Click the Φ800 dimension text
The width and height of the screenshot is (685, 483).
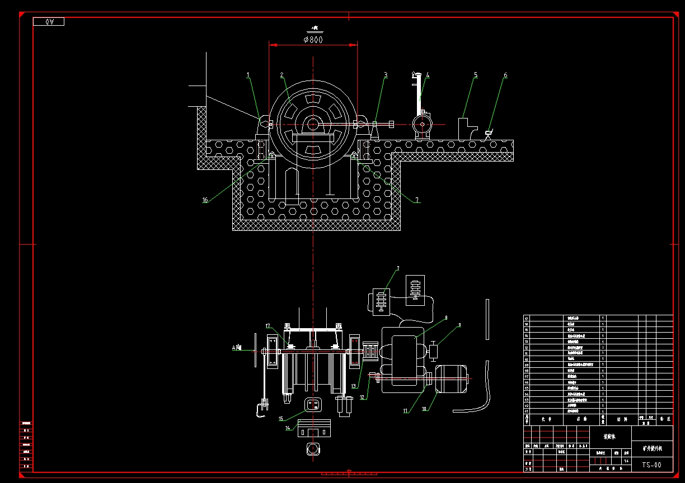(x=313, y=40)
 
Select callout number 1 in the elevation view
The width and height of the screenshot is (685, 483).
(x=248, y=74)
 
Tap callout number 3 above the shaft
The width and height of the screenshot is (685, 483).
(x=386, y=74)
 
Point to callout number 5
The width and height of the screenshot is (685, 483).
(x=476, y=74)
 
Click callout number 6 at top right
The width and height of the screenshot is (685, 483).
(x=505, y=74)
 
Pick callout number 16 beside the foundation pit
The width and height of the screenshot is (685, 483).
(x=205, y=200)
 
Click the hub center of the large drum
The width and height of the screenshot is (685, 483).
(x=313, y=124)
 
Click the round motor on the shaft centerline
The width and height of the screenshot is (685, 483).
(x=421, y=124)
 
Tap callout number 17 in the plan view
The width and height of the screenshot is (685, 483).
(x=268, y=326)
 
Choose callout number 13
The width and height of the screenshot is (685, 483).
(x=354, y=386)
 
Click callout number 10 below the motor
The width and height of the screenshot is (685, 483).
(x=424, y=409)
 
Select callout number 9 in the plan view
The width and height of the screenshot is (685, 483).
(x=459, y=324)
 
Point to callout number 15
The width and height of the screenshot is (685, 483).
(x=281, y=419)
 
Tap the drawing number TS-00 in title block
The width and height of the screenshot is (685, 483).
(x=651, y=465)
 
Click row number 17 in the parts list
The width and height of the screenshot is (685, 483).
(x=527, y=318)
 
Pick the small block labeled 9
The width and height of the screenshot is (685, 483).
(x=433, y=352)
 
